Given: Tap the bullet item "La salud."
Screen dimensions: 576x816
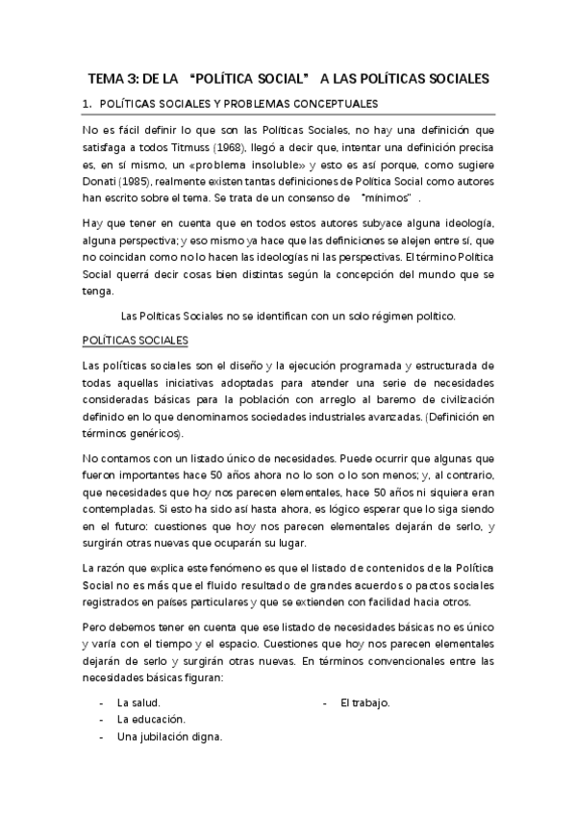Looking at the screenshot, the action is coord(138,702).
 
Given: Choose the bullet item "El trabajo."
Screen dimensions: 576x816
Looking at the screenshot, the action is coord(364,702).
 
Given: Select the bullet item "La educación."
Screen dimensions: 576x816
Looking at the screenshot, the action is coord(151,720).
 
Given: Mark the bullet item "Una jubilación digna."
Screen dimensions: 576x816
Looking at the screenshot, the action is coord(169,737).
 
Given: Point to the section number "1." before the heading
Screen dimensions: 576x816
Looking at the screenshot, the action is coord(87,104).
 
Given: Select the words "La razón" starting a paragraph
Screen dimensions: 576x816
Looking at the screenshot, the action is coord(105,569).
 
